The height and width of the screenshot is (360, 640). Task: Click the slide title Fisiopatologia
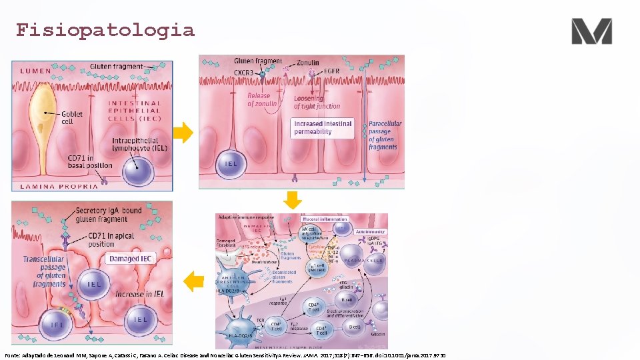(105, 31)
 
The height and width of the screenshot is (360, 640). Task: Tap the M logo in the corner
(591, 31)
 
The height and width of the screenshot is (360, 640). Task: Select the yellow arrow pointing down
(293, 200)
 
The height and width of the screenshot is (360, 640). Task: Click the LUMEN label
(39, 71)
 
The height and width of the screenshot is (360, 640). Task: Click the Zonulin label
(308, 63)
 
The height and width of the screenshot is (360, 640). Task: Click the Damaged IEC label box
(134, 258)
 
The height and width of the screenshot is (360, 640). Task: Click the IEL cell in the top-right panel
(229, 163)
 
